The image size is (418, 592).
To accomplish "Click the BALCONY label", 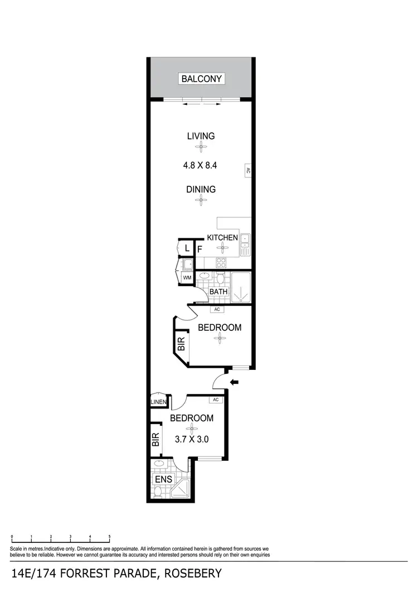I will [x=202, y=79].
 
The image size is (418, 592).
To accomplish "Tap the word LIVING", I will [x=201, y=136].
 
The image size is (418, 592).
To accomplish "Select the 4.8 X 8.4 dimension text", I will [x=201, y=165].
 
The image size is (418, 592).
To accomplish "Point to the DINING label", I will [x=201, y=189].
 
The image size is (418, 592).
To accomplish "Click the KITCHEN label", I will [x=222, y=238].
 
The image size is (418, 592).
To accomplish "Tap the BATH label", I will [x=218, y=291].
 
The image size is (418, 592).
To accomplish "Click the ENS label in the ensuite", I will [x=163, y=479].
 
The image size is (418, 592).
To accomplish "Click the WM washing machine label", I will [x=187, y=277].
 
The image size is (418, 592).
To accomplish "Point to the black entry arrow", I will [x=235, y=382].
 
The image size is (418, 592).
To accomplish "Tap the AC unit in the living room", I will [x=247, y=171].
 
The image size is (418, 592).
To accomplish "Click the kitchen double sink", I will [x=246, y=245].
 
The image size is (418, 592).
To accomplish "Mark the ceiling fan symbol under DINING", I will [x=201, y=201].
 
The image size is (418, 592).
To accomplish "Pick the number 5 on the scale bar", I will [x=109, y=536].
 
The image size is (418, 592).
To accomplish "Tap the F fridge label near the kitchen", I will [x=199, y=249].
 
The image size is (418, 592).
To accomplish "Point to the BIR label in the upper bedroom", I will [x=181, y=344].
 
